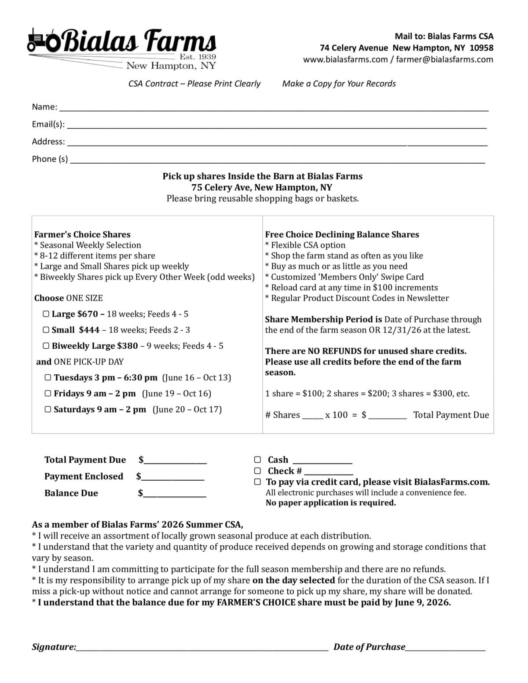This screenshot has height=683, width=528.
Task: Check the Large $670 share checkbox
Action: pyautogui.click(x=46, y=314)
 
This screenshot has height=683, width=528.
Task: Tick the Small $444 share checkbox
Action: pyautogui.click(x=46, y=330)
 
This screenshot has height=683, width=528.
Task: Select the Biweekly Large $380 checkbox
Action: pyautogui.click(x=46, y=346)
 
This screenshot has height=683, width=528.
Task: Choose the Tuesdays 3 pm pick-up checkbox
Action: pyautogui.click(x=48, y=377)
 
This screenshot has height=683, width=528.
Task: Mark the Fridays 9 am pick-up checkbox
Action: pyautogui.click(x=48, y=393)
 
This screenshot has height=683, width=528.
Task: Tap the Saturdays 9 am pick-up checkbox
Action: pyautogui.click(x=48, y=409)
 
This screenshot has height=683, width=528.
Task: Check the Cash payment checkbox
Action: pyautogui.click(x=257, y=460)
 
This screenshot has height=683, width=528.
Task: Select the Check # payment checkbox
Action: pyautogui.click(x=257, y=471)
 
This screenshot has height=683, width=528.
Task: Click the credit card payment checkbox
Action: pyautogui.click(x=257, y=482)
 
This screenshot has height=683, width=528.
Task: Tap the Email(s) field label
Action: pyautogui.click(x=48, y=124)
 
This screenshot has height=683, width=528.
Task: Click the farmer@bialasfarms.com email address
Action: pyautogui.click(x=444, y=59)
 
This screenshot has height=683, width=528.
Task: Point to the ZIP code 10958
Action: pyautogui.click(x=481, y=48)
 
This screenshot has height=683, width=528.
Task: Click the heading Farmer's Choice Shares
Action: pyautogui.click(x=82, y=234)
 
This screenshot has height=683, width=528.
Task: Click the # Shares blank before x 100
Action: pyautogui.click(x=312, y=415)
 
